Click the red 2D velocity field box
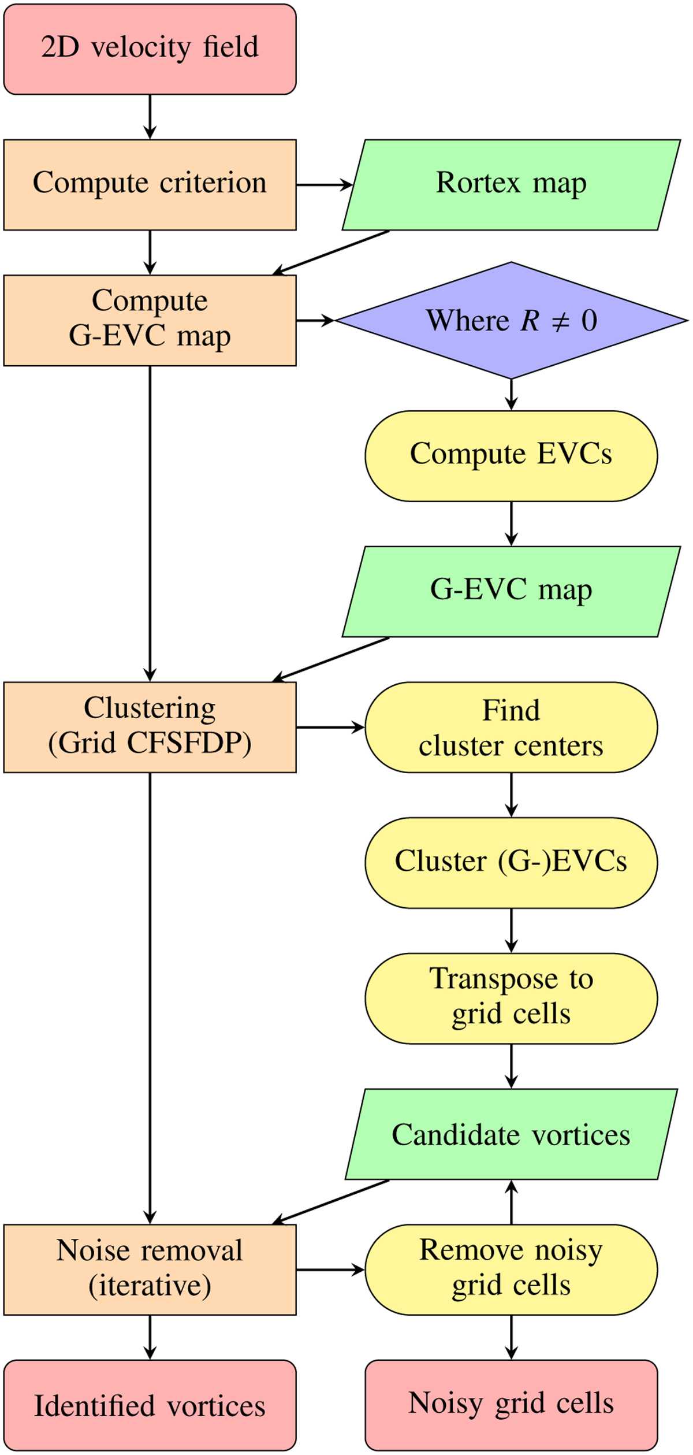[150, 49]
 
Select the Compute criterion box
[150, 185]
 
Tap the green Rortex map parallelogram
[511, 185]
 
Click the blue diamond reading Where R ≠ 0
[511, 321]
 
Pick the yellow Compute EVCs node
[511, 456]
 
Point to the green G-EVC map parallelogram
[511, 592]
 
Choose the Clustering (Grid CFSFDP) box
[150, 727]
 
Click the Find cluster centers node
[511, 727]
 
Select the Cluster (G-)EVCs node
[511, 863]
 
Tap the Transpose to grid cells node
[511, 998]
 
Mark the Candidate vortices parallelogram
[511, 1134]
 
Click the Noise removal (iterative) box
[150, 1270]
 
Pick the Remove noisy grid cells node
[511, 1270]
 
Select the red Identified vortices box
[150, 1405]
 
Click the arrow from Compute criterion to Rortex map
[323, 185]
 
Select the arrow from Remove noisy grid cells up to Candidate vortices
[511, 1202]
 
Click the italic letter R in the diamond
[530, 321]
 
